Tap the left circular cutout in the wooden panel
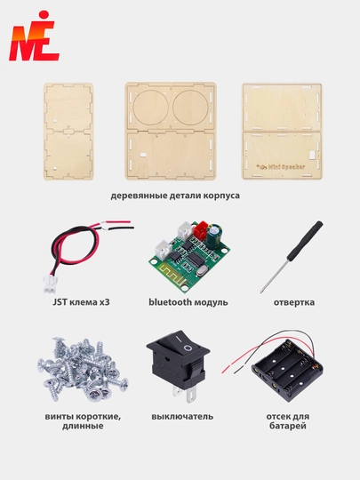click(x=150, y=108)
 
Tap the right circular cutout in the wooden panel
click(x=190, y=108)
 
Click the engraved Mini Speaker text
click(x=281, y=167)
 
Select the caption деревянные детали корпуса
click(x=175, y=196)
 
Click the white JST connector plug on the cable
click(x=49, y=284)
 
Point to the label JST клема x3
click(x=81, y=302)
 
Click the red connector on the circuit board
click(x=201, y=230)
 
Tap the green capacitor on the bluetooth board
click(x=213, y=236)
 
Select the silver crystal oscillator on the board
click(x=201, y=270)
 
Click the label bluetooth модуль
click(x=188, y=302)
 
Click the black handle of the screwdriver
click(x=305, y=241)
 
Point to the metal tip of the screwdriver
click(x=261, y=292)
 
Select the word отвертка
click(x=294, y=302)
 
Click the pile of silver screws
click(x=83, y=369)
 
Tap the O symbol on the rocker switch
click(x=187, y=348)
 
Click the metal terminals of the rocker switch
click(x=185, y=394)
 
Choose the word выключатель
click(x=182, y=417)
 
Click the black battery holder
click(x=287, y=370)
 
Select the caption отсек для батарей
click(x=288, y=421)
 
